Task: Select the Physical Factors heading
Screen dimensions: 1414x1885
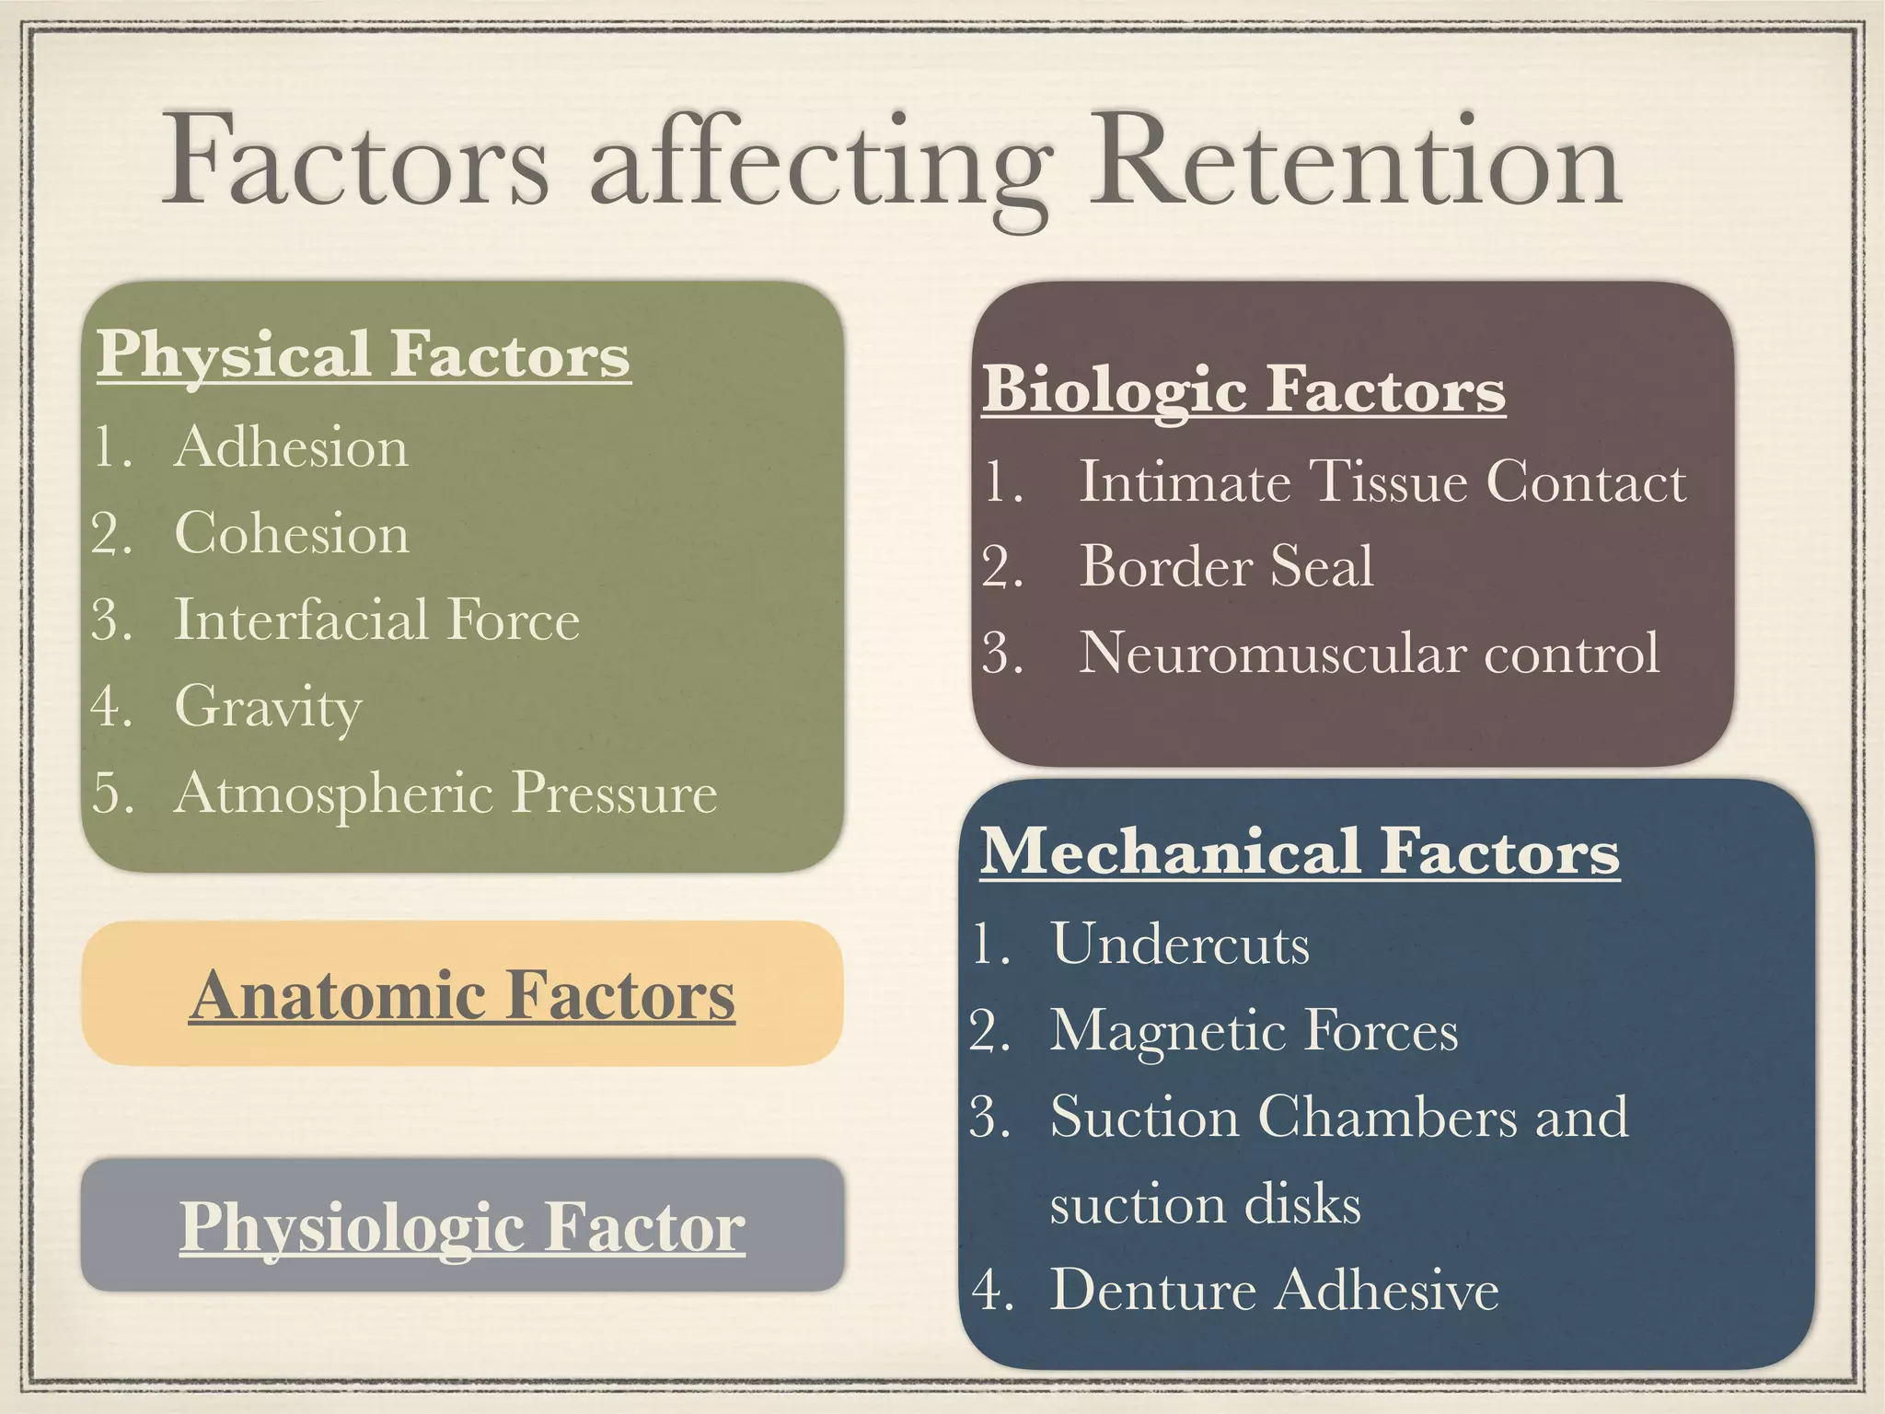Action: tap(364, 355)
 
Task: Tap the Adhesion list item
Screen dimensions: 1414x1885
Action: tap(291, 447)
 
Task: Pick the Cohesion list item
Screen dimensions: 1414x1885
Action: tap(292, 534)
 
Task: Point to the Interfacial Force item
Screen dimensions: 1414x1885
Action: tap(377, 620)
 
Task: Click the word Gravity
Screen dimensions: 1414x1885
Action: tap(269, 707)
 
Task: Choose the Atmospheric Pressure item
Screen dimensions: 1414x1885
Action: tap(445, 793)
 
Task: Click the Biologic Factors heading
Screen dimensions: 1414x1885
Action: tap(1243, 390)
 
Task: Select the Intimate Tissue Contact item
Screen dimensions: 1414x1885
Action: tap(1382, 481)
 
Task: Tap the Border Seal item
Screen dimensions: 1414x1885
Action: tap(1226, 566)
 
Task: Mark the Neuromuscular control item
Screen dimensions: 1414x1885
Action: tap(1370, 653)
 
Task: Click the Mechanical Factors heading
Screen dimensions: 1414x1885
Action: tap(1300, 852)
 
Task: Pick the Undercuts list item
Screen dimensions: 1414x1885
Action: tap(1180, 945)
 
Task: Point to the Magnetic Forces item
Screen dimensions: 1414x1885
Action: tap(1255, 1030)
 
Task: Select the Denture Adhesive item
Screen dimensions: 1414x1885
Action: tap(1275, 1290)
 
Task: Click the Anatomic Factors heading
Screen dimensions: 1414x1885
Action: tap(462, 996)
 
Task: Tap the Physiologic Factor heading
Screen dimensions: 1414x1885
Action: tap(462, 1227)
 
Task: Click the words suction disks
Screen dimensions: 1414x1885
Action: tap(1205, 1204)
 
